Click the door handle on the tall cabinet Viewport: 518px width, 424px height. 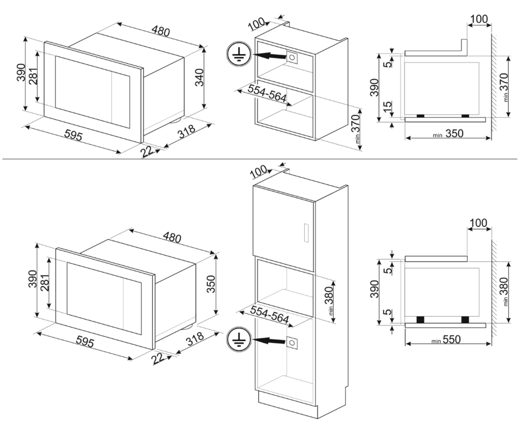point(306,233)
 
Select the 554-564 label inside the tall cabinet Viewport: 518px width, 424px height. point(270,314)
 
